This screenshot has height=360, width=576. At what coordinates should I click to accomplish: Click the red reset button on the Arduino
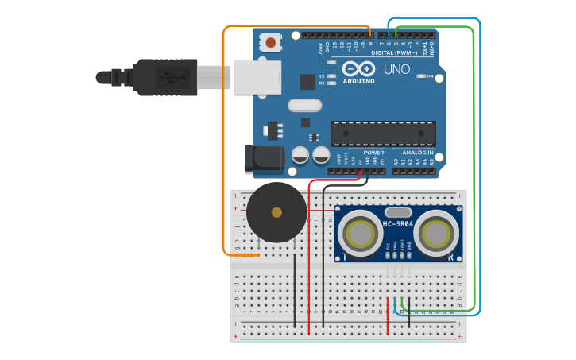272,42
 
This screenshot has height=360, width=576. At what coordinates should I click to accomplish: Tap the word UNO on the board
396,70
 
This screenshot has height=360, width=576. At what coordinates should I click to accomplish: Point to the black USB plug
163,77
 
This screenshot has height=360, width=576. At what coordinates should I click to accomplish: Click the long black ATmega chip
383,134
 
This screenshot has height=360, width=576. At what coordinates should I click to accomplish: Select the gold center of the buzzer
276,212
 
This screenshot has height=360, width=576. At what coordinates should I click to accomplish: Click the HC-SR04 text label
398,224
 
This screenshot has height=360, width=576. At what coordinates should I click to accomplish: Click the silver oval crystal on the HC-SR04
397,212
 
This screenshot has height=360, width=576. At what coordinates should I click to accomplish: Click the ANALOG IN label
418,152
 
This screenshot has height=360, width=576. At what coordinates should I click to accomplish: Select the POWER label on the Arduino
373,152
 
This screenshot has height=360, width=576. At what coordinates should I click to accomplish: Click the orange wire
224,143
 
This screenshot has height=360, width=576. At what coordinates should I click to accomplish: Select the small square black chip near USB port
307,81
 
